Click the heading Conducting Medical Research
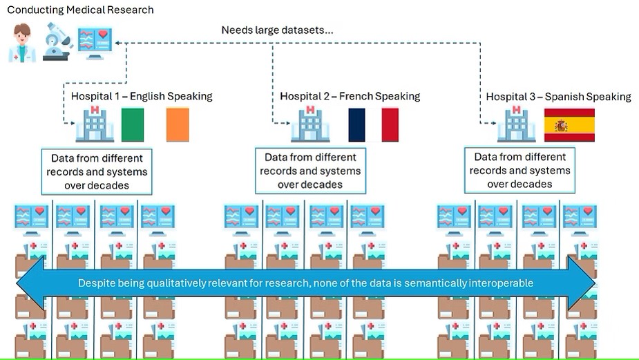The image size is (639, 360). (x=80, y=10)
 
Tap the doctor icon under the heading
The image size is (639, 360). (x=22, y=43)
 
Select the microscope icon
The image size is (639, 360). (x=57, y=41)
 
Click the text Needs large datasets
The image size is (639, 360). (x=278, y=30)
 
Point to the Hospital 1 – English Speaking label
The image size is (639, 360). (x=142, y=96)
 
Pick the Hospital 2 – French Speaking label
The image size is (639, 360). (x=350, y=96)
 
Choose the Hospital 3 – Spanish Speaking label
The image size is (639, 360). (x=558, y=97)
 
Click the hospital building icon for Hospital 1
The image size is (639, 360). (x=95, y=125)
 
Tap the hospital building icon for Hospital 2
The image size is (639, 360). (x=310, y=125)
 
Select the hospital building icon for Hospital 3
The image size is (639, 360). (x=516, y=125)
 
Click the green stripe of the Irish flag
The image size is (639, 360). (x=133, y=125)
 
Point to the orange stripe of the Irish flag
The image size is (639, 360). (x=178, y=125)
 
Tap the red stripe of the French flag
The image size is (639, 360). (x=390, y=125)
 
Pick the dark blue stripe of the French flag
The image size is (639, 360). (x=356, y=125)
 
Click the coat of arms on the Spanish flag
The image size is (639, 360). (x=561, y=126)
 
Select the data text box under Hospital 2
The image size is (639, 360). (x=310, y=171)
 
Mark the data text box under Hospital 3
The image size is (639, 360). (x=519, y=170)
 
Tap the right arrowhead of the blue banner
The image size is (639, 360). (x=582, y=283)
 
